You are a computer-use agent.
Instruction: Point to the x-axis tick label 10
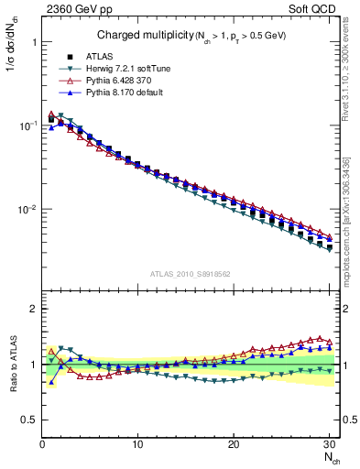137,445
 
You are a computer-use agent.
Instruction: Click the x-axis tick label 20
234,445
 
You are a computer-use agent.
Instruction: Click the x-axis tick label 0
41,445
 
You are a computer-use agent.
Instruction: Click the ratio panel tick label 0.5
28,420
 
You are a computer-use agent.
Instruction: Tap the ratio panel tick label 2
33,309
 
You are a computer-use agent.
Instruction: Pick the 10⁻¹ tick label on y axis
25,125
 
